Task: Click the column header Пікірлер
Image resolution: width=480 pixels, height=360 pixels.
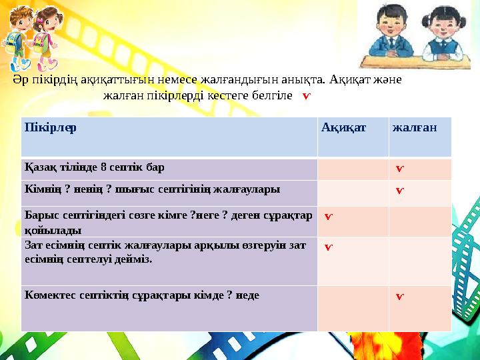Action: [50, 127]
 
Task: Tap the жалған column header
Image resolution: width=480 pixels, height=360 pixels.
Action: [414, 127]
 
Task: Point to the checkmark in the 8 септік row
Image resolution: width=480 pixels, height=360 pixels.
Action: [399, 169]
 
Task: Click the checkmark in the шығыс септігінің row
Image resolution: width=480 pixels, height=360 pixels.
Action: [399, 191]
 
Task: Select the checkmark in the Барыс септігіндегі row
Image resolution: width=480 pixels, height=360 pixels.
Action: [329, 217]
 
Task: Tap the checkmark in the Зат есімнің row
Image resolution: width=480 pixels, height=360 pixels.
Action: [329, 247]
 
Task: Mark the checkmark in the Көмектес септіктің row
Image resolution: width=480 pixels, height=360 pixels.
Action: [399, 295]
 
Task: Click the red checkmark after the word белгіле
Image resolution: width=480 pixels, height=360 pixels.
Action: [306, 96]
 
